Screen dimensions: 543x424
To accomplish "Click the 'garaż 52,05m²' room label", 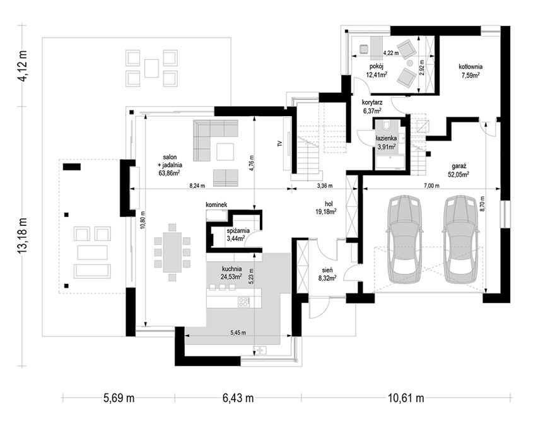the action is pos(458,170).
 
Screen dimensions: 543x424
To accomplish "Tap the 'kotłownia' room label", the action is pos(470,66).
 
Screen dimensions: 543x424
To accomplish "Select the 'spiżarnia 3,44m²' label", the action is pos(236,235).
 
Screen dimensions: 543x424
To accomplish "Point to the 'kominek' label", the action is pos(216,204).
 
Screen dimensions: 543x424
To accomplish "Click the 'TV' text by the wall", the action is pos(280,144).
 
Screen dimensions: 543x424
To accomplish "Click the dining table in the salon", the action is pos(172,252).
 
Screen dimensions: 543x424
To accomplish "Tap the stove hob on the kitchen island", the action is pos(243,302).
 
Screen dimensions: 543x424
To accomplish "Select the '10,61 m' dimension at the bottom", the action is pos(406,398).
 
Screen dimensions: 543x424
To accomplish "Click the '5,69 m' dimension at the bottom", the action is pos(119,398).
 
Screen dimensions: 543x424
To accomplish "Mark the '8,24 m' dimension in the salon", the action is pos(197,185).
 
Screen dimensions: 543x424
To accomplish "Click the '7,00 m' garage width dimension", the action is pos(431,185).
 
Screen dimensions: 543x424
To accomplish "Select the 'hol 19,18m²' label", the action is pos(329,207).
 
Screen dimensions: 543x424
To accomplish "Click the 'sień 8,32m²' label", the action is pos(327,274).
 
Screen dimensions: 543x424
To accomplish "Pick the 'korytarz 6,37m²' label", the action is pos(372,107).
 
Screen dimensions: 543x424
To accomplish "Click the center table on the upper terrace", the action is pos(152,68).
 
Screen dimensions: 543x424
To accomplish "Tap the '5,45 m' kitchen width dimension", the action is pos(238,333).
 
